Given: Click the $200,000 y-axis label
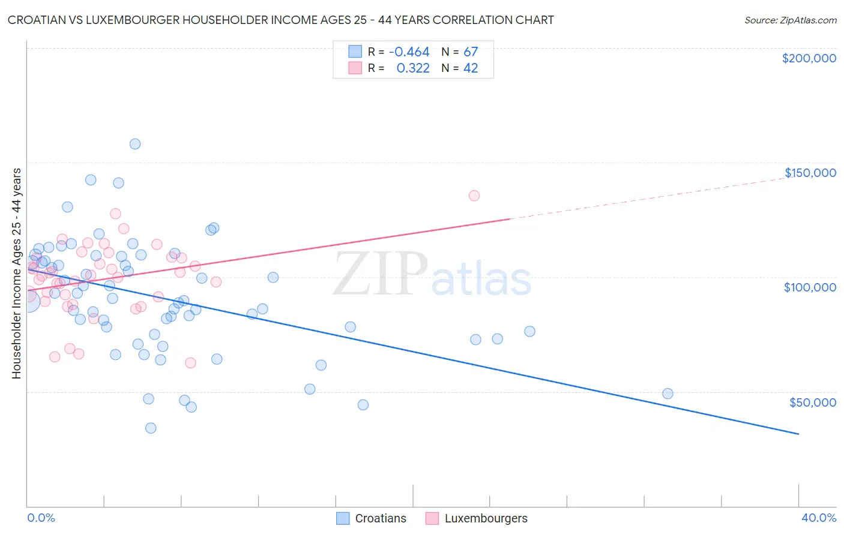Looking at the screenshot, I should coord(809,58).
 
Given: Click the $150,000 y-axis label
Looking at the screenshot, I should coord(810,173).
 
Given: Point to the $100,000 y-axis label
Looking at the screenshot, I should coord(810,287).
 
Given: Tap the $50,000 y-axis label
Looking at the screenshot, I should coord(812,402).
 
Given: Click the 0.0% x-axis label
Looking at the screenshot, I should coord(41,518).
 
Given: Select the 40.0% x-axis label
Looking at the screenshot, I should coord(818,518).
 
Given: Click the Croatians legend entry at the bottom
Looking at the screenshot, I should coord(380,518).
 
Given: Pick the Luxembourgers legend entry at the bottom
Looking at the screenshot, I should coord(486,518).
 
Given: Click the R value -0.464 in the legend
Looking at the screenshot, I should coord(409,52).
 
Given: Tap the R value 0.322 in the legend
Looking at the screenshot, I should coord(413,68).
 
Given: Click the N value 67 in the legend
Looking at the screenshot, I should coord(471,52).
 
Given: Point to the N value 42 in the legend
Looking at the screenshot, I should coord(471,68).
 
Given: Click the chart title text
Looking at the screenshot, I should coord(280,20).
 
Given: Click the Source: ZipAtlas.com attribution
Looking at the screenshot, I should coord(790,20).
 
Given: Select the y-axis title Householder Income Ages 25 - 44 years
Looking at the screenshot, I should coord(16,273).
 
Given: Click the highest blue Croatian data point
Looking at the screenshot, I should coord(135,144).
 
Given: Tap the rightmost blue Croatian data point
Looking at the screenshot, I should coord(668,394).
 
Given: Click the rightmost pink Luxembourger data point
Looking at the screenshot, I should coord(474,196).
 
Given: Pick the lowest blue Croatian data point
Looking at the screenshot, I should coord(151,428).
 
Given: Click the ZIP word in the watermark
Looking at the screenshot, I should coord(381,275).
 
